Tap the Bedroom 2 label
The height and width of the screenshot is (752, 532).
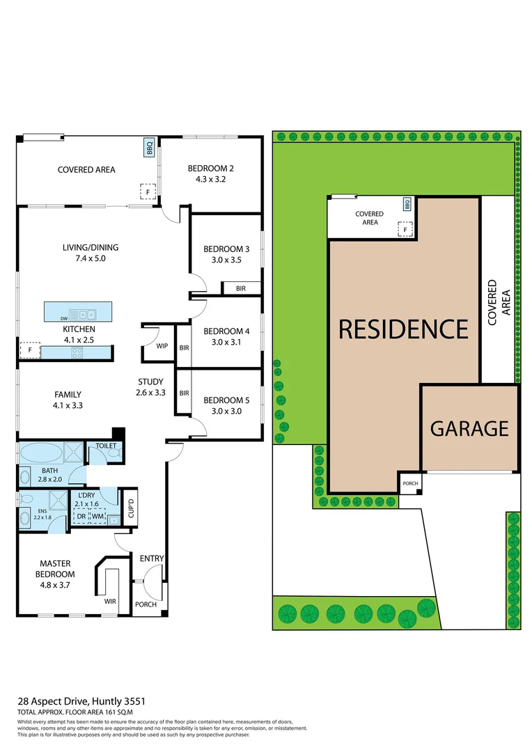tap(210, 169)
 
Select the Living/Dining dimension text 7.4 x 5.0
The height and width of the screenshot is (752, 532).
tap(88, 258)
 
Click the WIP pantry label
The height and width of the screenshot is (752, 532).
tap(162, 346)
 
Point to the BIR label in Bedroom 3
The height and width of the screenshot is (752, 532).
tap(241, 288)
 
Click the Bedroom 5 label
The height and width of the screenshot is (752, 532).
tap(226, 400)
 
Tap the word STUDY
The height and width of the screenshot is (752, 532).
tap(150, 382)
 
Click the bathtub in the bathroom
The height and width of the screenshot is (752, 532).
tap(41, 453)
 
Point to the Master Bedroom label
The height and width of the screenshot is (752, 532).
tap(57, 568)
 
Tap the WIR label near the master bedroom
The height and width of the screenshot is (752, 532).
tap(110, 600)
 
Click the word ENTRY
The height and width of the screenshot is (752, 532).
tap(152, 558)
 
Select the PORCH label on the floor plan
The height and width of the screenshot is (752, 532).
tap(146, 604)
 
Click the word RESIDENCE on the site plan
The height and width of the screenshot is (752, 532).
tap(403, 329)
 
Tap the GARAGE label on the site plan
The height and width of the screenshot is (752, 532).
tap(469, 428)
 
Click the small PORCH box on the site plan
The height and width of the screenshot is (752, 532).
tap(409, 483)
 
